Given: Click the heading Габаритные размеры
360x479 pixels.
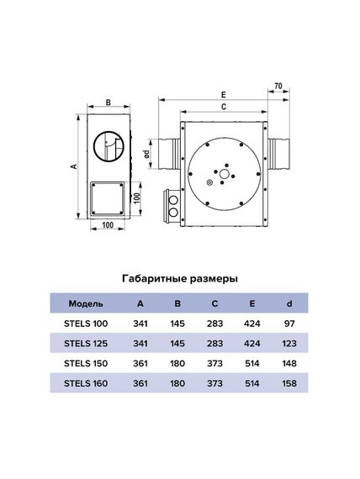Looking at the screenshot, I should coord(180,278).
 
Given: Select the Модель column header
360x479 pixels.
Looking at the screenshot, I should coord(86,303).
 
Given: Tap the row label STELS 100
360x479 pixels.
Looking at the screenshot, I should coord(86,323).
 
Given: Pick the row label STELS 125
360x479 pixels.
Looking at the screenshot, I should coord(86,343).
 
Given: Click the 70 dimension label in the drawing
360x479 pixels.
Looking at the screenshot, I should coord(277,87).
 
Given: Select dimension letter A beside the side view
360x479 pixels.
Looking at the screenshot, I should coord(73,166).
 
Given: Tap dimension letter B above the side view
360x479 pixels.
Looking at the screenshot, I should coord(108,103).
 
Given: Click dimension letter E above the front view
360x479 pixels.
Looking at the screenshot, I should coord(223,95).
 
